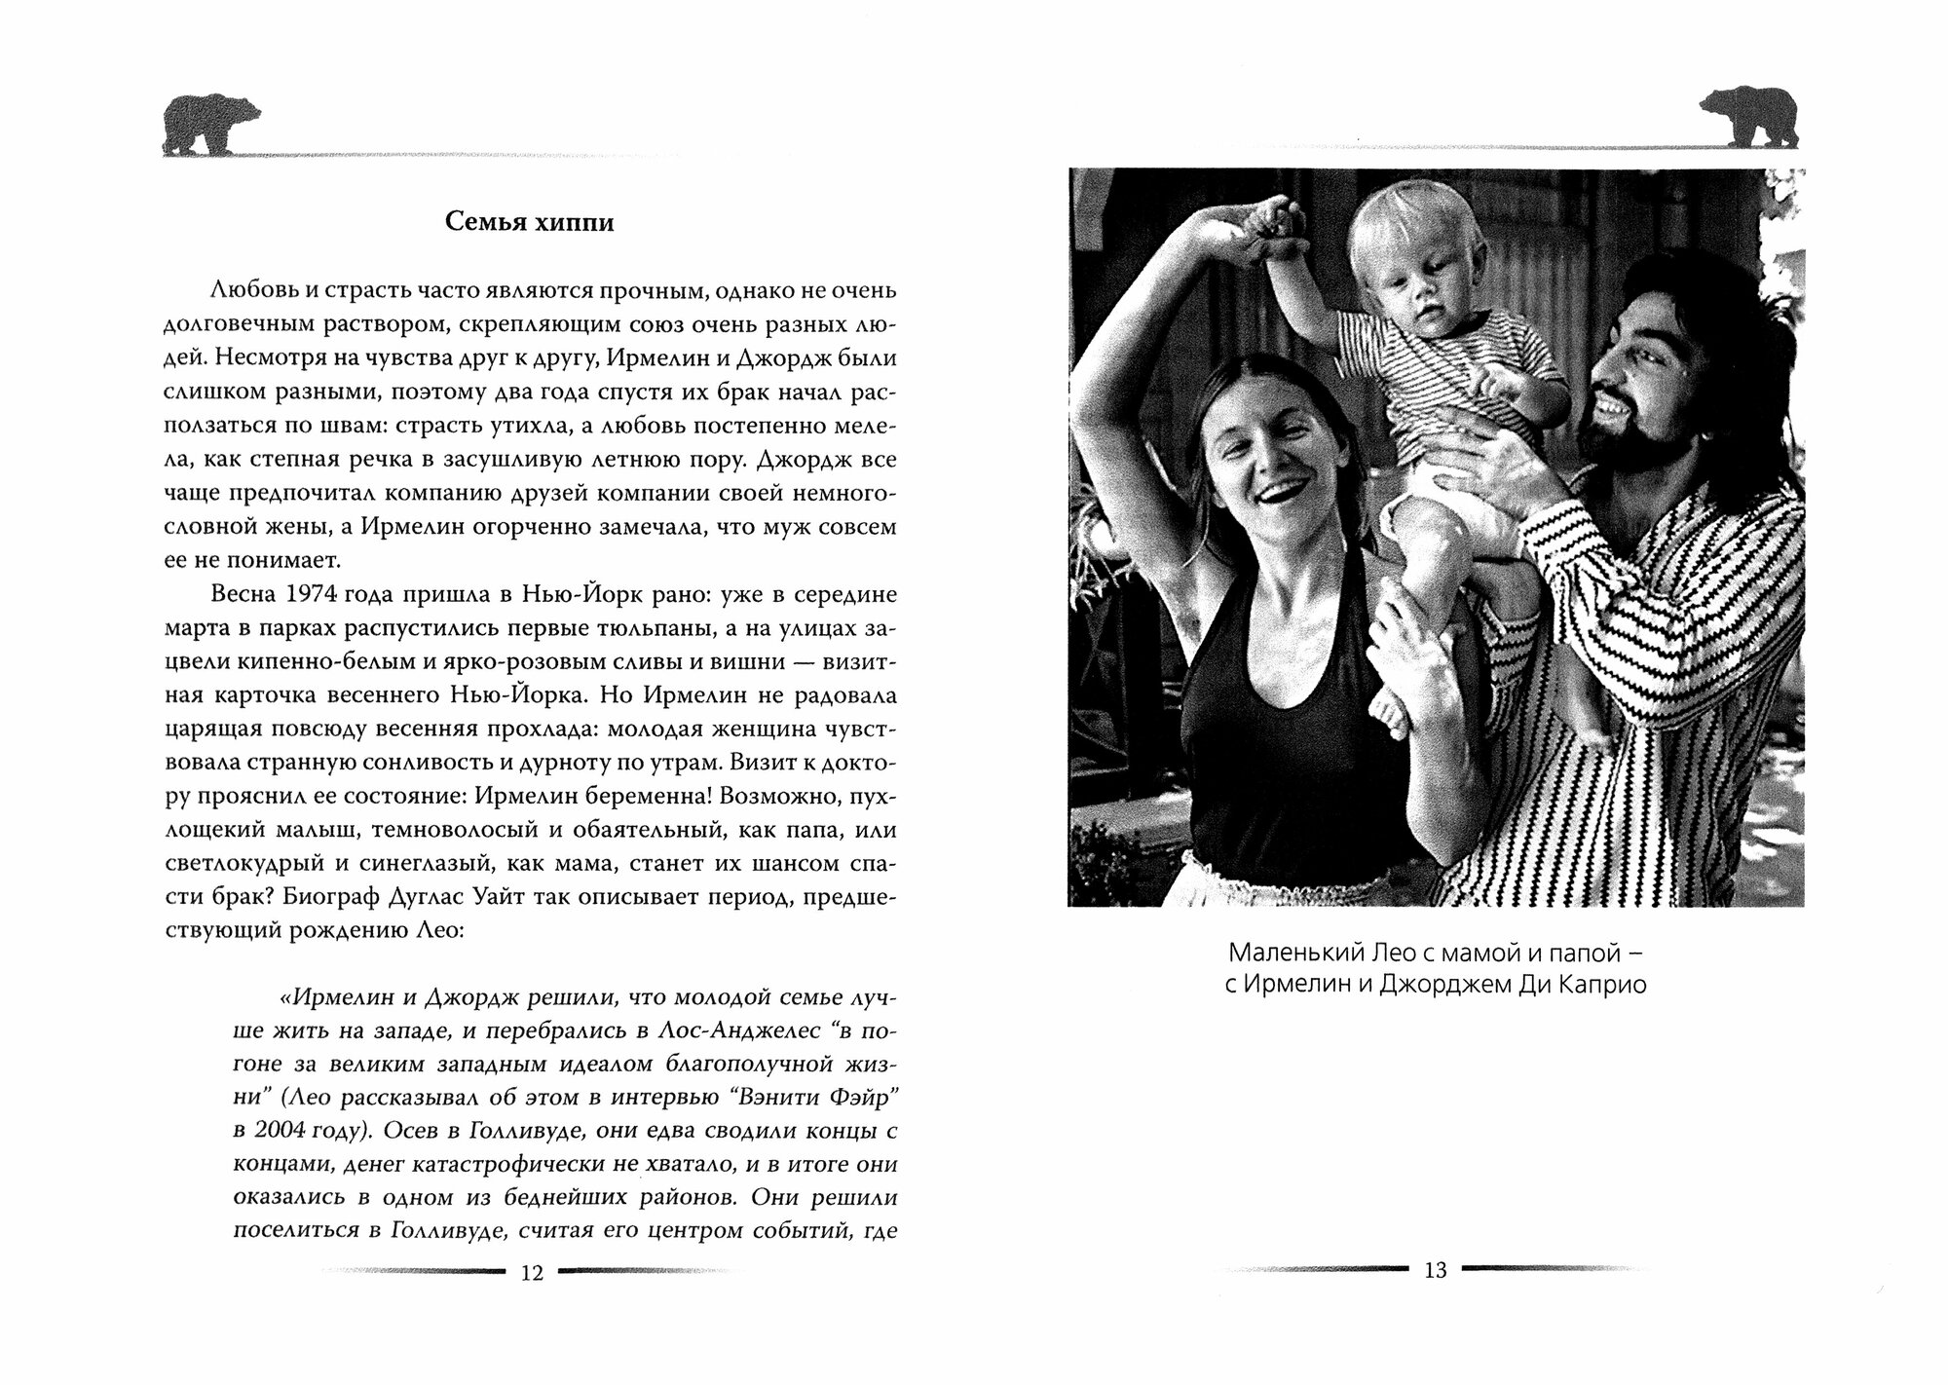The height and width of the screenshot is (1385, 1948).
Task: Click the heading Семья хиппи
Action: click(529, 222)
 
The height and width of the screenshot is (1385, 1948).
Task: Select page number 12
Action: click(532, 1273)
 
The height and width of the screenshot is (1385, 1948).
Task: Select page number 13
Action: click(1435, 1270)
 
